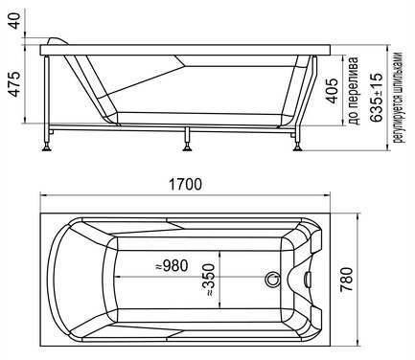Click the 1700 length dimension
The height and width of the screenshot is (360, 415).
point(185,185)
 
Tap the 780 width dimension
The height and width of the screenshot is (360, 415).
point(347,280)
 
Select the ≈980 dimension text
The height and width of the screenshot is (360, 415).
point(172,265)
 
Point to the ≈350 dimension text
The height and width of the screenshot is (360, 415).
point(208,280)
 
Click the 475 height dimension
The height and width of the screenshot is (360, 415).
point(14,83)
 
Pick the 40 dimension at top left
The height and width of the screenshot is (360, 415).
point(14,20)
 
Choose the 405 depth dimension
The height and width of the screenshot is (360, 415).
point(332,91)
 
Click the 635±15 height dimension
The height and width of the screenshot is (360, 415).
point(376,98)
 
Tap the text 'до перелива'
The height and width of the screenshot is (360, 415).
point(354,91)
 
